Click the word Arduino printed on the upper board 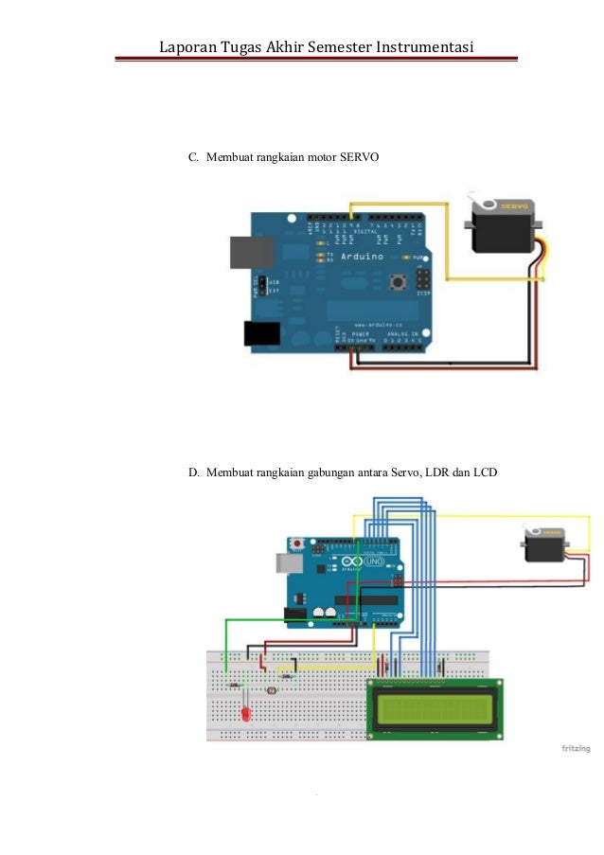[363, 257]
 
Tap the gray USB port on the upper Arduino [251, 253]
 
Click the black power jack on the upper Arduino [261, 332]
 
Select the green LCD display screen [435, 706]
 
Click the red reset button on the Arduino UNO [298, 544]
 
